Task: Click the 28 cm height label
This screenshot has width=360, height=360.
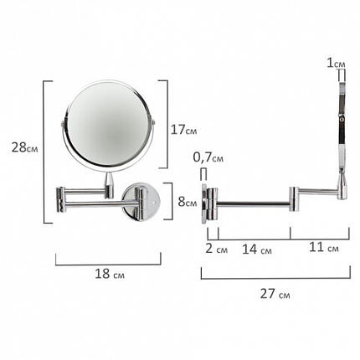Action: pos(24,147)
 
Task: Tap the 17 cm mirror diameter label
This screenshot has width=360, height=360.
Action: pos(183,130)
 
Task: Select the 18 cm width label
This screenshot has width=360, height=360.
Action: pos(110,274)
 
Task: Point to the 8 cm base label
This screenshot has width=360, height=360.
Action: pos(188,202)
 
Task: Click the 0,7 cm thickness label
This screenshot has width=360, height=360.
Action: pos(208,157)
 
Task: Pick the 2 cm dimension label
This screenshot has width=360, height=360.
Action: pos(217,249)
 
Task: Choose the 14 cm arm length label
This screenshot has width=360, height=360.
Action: pos(257,249)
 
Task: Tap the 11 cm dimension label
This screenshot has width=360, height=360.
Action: pos(324,247)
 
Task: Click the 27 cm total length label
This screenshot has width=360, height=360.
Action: pos(275,294)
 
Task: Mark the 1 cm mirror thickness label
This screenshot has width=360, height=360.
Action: pos(336,64)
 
